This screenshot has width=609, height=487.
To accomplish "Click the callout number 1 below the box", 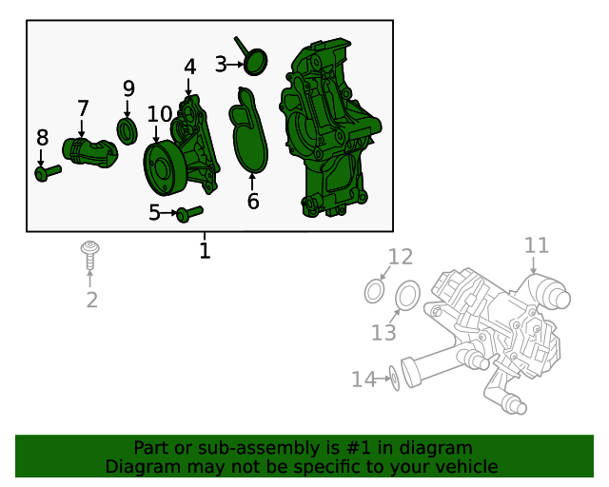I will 205,251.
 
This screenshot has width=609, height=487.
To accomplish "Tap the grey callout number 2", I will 91,302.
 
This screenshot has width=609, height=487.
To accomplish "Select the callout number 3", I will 221,65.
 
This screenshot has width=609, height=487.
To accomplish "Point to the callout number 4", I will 189,68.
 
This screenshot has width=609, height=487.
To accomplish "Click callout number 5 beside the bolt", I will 155,213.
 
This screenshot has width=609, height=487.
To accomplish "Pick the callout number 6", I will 253,202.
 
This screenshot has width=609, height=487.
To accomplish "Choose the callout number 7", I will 83,108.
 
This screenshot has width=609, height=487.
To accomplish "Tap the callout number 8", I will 42,138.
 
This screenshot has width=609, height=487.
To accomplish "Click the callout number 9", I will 128,89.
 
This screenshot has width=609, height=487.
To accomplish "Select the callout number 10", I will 159,114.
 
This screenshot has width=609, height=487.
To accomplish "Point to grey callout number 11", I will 537,245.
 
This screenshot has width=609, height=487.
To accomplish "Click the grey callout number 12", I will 401,256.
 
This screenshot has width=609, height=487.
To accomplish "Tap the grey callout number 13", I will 383,333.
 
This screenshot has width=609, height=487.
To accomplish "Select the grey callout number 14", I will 363,380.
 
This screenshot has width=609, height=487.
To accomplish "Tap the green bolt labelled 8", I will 47,172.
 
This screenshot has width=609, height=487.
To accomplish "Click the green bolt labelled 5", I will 190,213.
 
